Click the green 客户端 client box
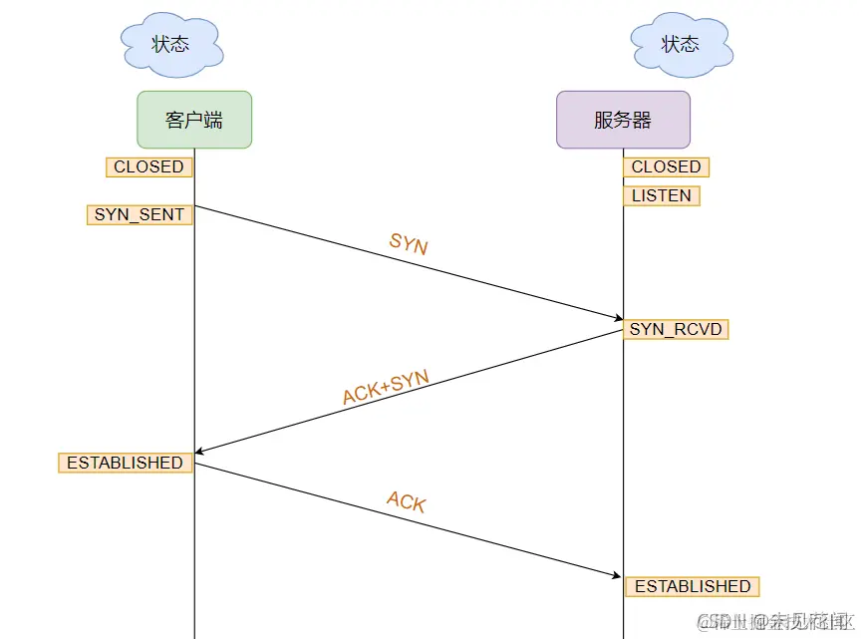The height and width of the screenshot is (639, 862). click(194, 120)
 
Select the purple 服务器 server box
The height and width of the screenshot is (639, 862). click(623, 120)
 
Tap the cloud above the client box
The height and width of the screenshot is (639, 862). click(170, 44)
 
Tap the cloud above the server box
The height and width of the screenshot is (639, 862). click(681, 44)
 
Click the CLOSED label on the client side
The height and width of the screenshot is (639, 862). click(148, 167)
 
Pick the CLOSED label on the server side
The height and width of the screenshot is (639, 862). click(666, 167)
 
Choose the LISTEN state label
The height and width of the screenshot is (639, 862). click(662, 195)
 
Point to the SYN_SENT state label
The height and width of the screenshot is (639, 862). click(140, 214)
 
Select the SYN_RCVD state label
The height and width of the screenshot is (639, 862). click(676, 329)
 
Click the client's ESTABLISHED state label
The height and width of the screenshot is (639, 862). click(125, 463)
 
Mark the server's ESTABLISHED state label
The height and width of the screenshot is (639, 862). click(693, 586)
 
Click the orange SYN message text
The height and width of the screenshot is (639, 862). click(408, 243)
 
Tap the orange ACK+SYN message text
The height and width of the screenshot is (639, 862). click(386, 387)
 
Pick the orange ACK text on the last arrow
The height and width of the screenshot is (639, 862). click(406, 501)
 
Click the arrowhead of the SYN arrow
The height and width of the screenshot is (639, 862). click(619, 318)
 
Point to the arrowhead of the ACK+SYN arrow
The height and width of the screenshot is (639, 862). click(200, 452)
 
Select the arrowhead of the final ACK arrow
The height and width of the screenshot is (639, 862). click(619, 575)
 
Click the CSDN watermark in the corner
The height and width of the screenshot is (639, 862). click(772, 621)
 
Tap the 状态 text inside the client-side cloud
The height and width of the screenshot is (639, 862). click(169, 44)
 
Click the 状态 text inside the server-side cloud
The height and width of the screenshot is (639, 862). click(680, 44)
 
